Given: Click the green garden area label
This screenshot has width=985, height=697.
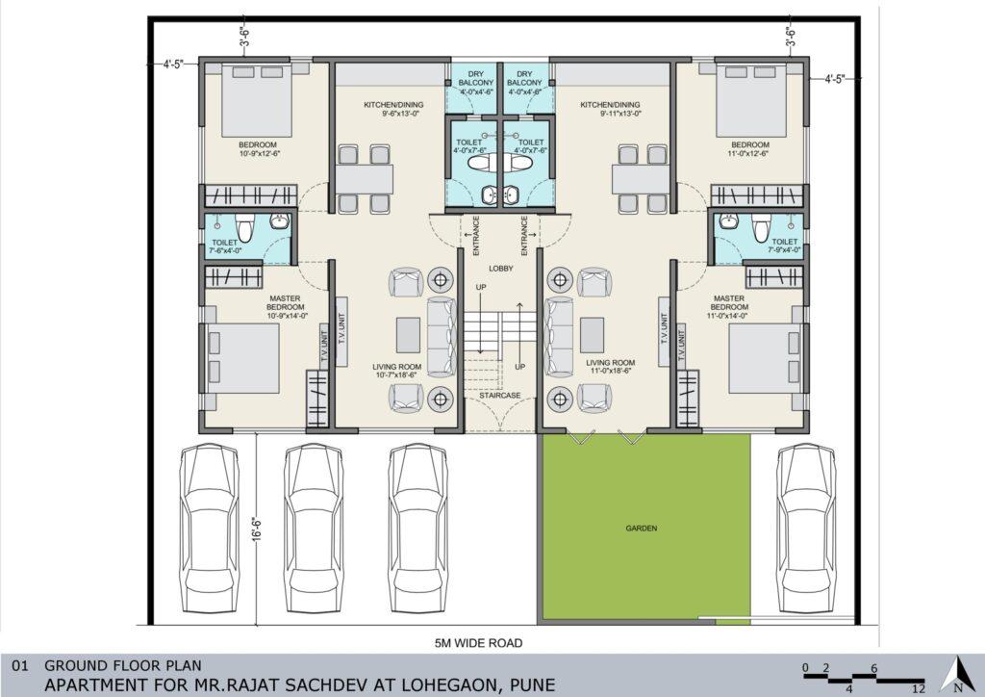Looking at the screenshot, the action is click(642, 529).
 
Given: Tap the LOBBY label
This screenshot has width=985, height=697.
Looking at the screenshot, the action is click(501, 269).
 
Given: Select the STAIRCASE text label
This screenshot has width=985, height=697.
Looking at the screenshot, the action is click(500, 396).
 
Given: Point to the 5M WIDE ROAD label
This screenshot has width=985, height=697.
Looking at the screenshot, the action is click(479, 643).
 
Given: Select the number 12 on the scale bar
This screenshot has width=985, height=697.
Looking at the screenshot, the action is click(919, 689).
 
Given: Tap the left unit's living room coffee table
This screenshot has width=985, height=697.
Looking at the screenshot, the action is click(408, 335).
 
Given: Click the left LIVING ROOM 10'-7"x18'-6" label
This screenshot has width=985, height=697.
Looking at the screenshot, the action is click(397, 371).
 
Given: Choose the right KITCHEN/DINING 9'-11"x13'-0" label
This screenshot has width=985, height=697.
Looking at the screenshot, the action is click(610, 110).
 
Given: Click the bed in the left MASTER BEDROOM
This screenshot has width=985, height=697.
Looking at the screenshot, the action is click(242, 358).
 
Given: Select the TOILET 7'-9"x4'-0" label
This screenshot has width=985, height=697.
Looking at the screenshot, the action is click(785, 245).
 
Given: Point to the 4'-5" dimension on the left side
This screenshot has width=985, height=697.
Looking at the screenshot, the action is click(173, 65).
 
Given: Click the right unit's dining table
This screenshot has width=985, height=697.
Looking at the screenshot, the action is click(642, 179).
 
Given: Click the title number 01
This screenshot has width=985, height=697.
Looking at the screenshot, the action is click(20, 665).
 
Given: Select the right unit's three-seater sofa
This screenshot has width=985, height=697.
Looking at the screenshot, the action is click(559, 337).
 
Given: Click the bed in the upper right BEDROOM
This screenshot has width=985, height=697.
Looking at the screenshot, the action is click(751, 100).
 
